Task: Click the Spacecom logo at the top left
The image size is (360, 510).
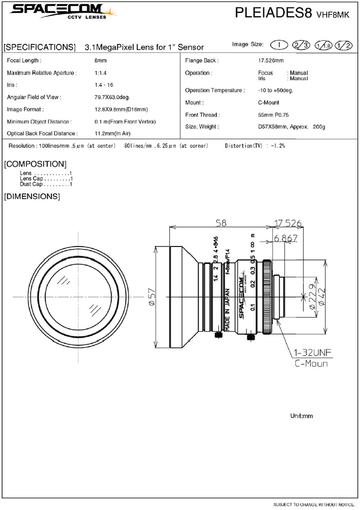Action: point(63,12)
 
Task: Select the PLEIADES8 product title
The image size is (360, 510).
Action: point(273,13)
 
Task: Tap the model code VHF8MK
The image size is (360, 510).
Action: point(333,14)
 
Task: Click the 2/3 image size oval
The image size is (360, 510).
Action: point(301,45)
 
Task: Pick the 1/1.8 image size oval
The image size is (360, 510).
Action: point(323,45)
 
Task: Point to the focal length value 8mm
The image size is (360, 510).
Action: point(100,61)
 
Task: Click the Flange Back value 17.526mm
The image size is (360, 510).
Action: point(271,61)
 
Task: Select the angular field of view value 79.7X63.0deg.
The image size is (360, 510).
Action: point(112,97)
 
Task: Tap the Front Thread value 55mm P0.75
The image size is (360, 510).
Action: point(273,115)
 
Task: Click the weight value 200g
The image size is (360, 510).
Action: point(319,127)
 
